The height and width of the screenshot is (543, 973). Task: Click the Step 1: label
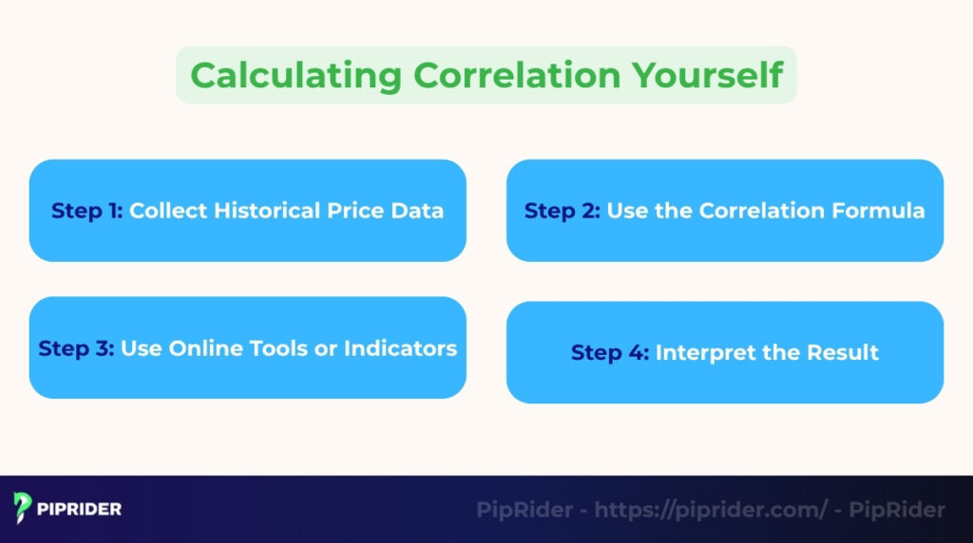click(87, 211)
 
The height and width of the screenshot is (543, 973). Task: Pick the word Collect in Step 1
click(168, 211)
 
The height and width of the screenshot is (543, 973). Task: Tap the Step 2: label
click(563, 211)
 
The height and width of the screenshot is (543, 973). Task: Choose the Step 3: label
click(76, 348)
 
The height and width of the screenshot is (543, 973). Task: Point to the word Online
click(204, 348)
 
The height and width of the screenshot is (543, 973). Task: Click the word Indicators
click(400, 348)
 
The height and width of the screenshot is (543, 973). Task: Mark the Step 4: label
click(610, 353)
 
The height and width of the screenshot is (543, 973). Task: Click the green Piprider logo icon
click(24, 509)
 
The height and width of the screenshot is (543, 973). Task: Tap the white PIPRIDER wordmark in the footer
click(80, 510)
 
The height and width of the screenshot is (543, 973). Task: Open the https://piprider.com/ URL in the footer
click(712, 511)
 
